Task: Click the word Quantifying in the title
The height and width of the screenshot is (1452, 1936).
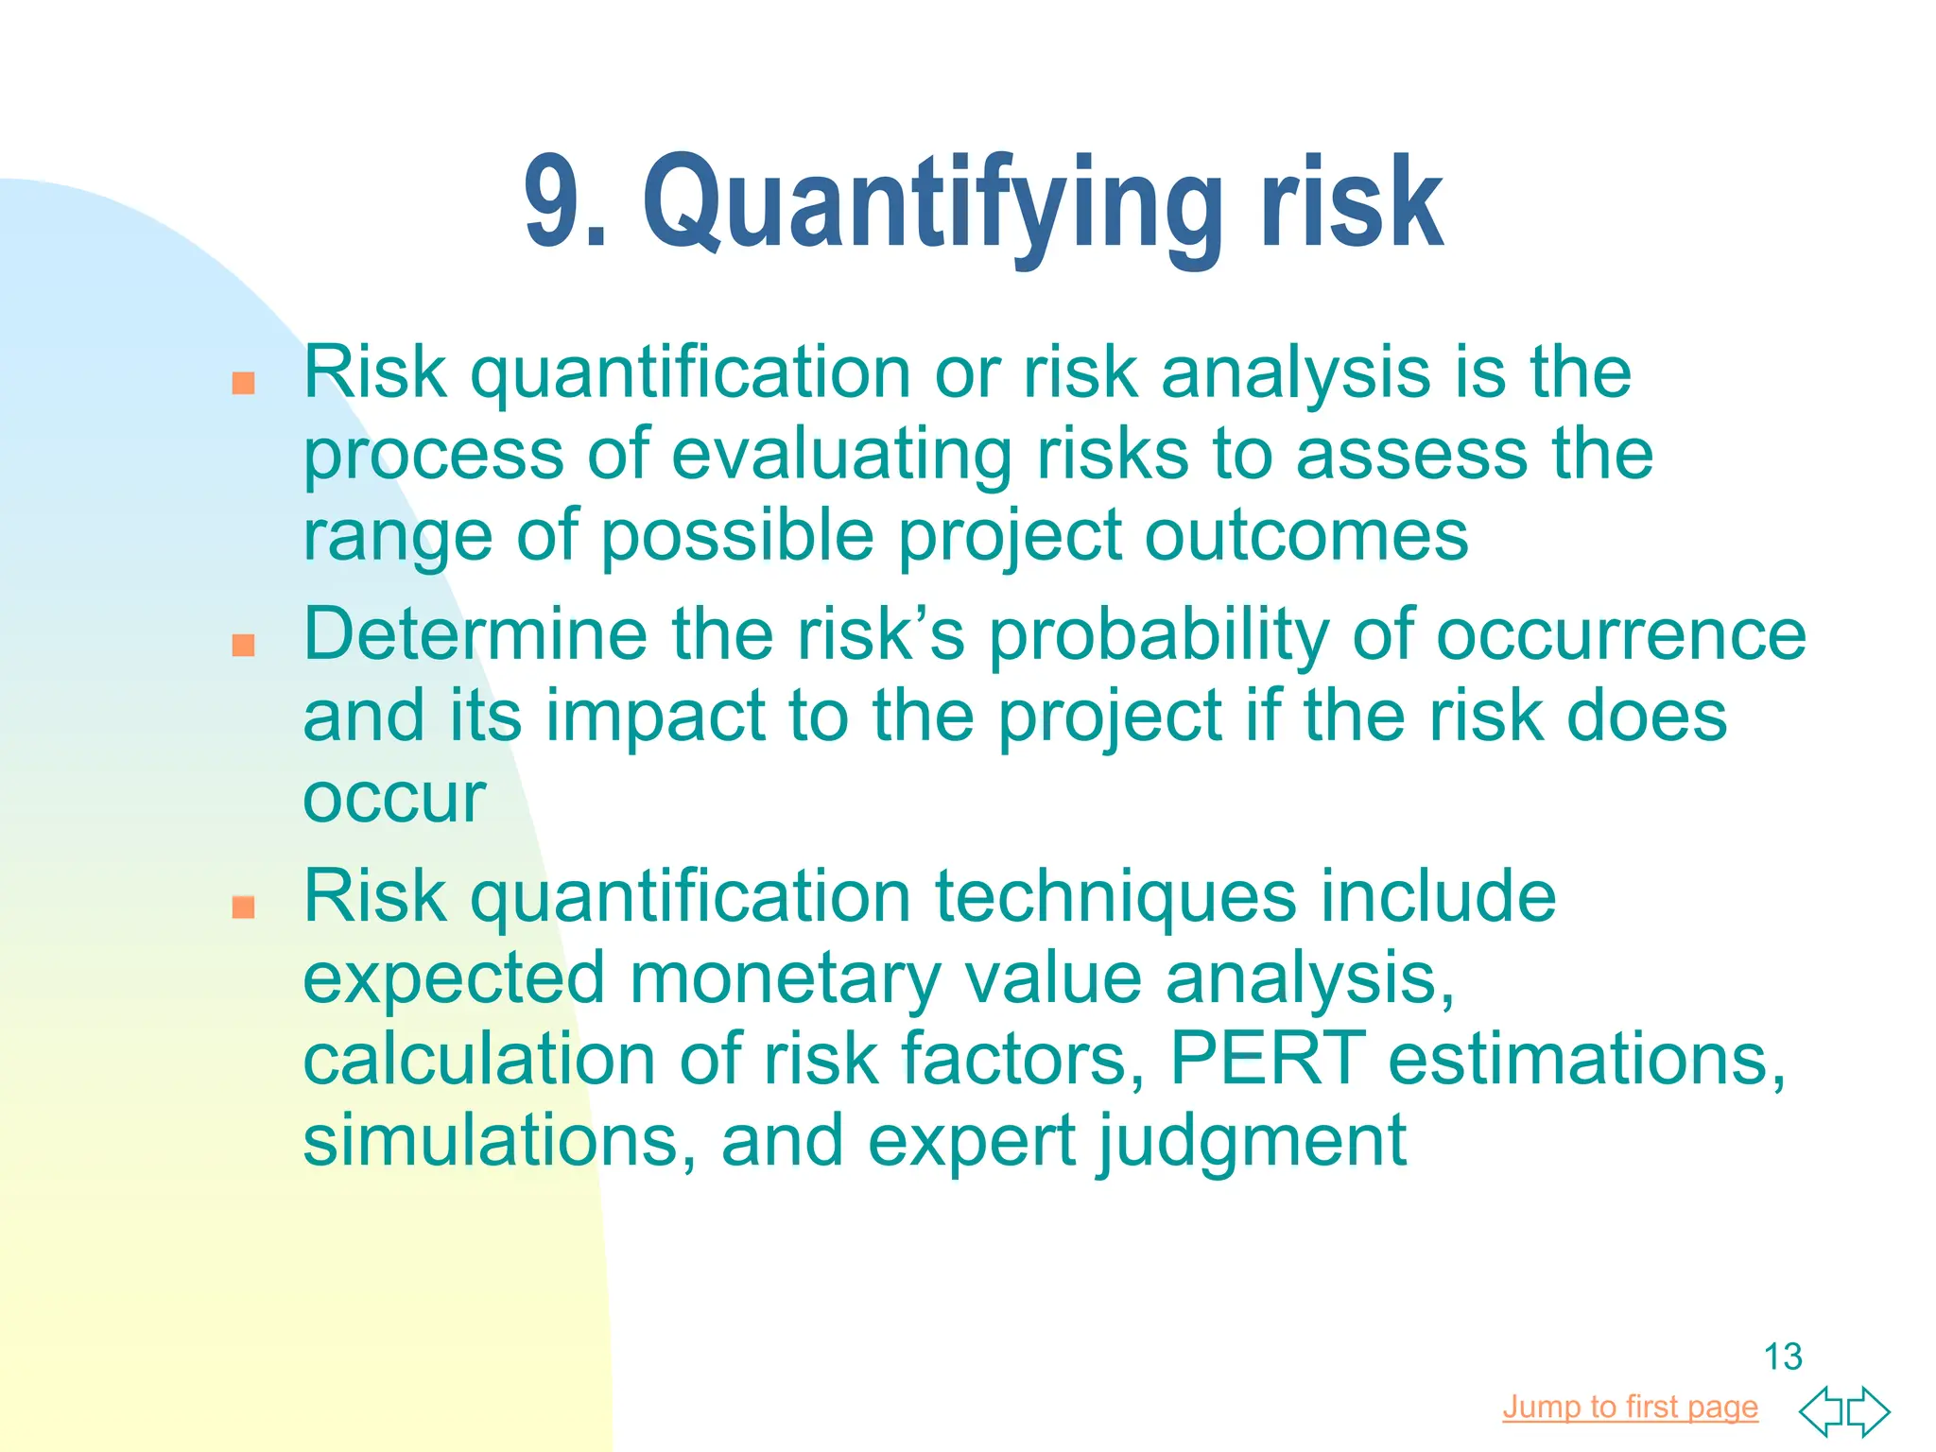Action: tap(931, 203)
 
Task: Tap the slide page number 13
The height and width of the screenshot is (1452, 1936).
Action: tap(1783, 1357)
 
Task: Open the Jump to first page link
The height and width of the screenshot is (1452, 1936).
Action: tap(1630, 1407)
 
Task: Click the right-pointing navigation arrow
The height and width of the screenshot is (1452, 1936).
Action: tap(1869, 1410)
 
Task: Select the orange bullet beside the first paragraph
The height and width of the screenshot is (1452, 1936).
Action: tap(244, 383)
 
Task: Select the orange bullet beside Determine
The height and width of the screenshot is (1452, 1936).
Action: tap(244, 645)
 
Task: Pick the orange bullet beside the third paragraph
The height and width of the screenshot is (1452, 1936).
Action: tap(244, 907)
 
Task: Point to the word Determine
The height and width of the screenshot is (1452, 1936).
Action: tap(475, 633)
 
